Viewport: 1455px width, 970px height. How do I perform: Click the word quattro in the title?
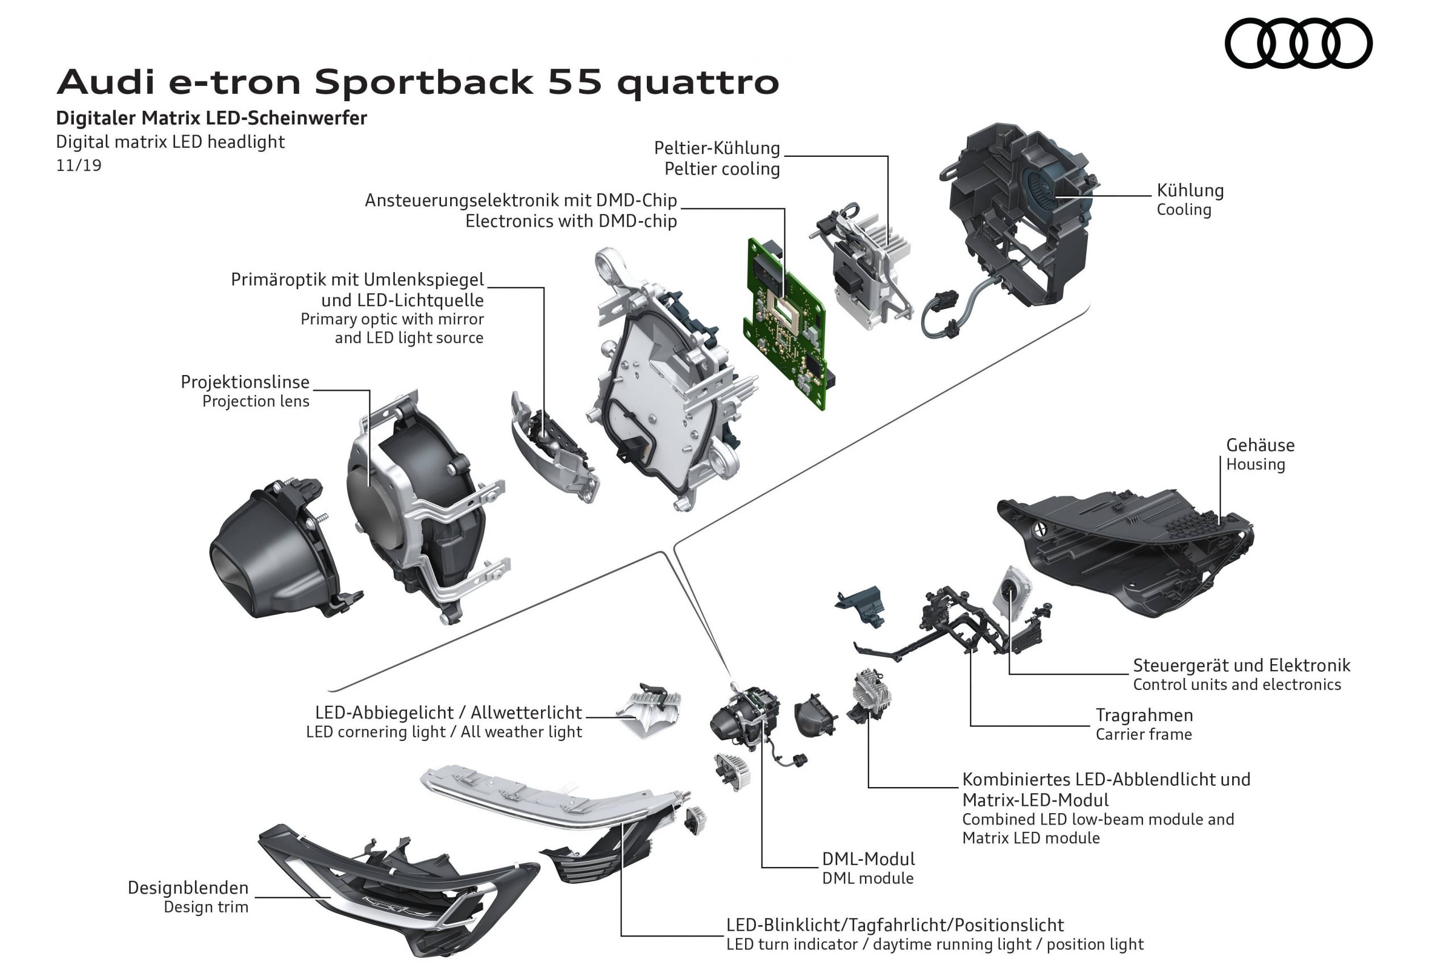pyautogui.click(x=697, y=82)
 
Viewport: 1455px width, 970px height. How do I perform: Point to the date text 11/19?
pyautogui.click(x=78, y=166)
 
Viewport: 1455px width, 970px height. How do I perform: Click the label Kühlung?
pyautogui.click(x=1190, y=190)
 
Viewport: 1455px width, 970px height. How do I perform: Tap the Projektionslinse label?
pyautogui.click(x=245, y=382)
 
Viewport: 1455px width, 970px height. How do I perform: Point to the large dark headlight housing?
pyautogui.click(x=1132, y=551)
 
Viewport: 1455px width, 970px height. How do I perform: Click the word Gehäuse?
pyautogui.click(x=1259, y=445)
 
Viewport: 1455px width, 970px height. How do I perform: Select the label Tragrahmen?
pyautogui.click(x=1144, y=715)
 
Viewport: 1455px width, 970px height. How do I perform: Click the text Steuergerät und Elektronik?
pyautogui.click(x=1241, y=665)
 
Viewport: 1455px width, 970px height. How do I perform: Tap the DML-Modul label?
pyautogui.click(x=868, y=859)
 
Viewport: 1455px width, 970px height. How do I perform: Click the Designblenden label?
pyautogui.click(x=188, y=888)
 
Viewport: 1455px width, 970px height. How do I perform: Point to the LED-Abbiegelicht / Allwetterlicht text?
pyautogui.click(x=448, y=712)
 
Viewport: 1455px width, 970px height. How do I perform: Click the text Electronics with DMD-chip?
pyautogui.click(x=571, y=221)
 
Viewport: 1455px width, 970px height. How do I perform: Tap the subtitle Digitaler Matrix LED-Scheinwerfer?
pyautogui.click(x=211, y=118)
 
